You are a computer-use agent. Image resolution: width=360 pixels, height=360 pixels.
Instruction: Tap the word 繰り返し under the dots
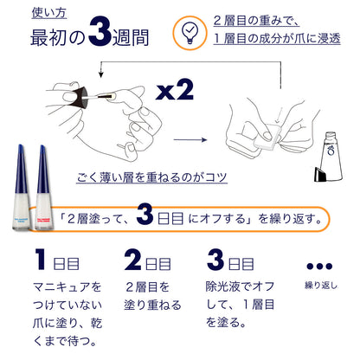320,285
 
